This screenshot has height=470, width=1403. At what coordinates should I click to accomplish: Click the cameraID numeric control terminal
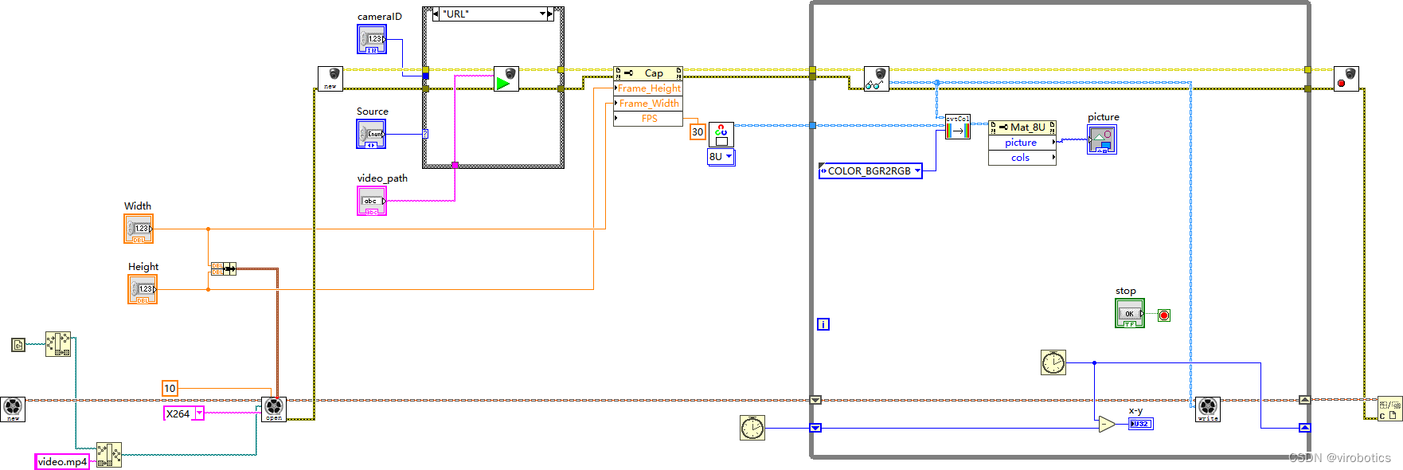pyautogui.click(x=372, y=39)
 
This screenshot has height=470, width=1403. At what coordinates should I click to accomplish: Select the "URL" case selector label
pyautogui.click(x=490, y=14)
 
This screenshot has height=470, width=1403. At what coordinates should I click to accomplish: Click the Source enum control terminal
pyautogui.click(x=371, y=134)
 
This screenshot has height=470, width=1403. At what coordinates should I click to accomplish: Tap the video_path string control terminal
pyautogui.click(x=372, y=201)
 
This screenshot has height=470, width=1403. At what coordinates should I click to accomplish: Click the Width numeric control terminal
pyautogui.click(x=139, y=229)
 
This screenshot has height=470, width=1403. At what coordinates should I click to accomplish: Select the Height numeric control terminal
pyautogui.click(x=143, y=289)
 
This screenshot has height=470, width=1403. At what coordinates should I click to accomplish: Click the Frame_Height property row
pyautogui.click(x=648, y=88)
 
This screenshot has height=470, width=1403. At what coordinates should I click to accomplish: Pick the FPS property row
pyautogui.click(x=648, y=119)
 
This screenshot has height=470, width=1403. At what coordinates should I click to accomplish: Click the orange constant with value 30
pyautogui.click(x=698, y=132)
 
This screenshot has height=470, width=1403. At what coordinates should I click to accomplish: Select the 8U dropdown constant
pyautogui.click(x=721, y=157)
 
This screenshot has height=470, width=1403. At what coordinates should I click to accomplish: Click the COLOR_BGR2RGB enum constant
pyautogui.click(x=870, y=170)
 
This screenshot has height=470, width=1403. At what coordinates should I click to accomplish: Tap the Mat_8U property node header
pyautogui.click(x=1022, y=127)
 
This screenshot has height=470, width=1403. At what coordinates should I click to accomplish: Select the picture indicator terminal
pyautogui.click(x=1102, y=139)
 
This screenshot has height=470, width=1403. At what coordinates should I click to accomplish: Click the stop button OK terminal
pyautogui.click(x=1129, y=313)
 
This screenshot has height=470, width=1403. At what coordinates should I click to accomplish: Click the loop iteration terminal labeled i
pyautogui.click(x=823, y=324)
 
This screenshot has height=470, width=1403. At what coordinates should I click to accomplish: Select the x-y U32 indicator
pyautogui.click(x=1140, y=424)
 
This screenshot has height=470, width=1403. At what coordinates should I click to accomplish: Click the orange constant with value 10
pyautogui.click(x=170, y=388)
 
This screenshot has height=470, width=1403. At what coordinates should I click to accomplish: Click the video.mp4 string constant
pyautogui.click(x=62, y=461)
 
